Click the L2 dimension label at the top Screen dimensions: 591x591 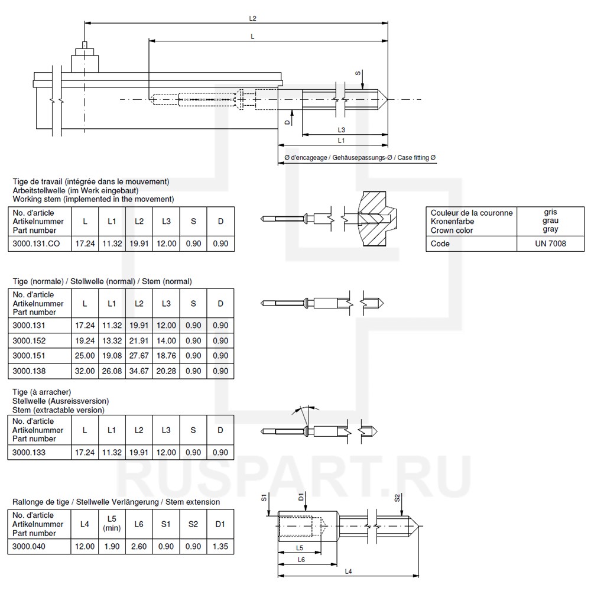pyautogui.click(x=253, y=18)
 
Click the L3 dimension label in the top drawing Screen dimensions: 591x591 pyautogui.click(x=342, y=129)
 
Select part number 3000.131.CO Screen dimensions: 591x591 pyautogui.click(x=36, y=243)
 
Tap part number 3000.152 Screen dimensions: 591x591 pyautogui.click(x=29, y=341)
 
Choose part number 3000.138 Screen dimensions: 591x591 pyautogui.click(x=29, y=371)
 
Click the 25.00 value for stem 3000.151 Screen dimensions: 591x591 pyautogui.click(x=85, y=356)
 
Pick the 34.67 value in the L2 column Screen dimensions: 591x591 pyautogui.click(x=139, y=371)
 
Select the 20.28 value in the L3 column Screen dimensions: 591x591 pyautogui.click(x=166, y=371)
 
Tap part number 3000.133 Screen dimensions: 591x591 pyautogui.click(x=29, y=452)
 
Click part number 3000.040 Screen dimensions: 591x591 pyautogui.click(x=29, y=547)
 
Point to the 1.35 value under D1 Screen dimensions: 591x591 pyautogui.click(x=220, y=547)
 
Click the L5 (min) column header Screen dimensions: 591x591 pyautogui.click(x=112, y=524)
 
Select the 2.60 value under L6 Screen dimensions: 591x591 pyautogui.click(x=139, y=547)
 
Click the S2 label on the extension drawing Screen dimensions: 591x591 pyautogui.click(x=397, y=498)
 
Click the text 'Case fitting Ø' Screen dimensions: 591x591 pyautogui.click(x=417, y=158)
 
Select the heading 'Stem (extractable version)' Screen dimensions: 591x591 pyautogui.click(x=58, y=410)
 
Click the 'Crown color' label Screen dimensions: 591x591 pyautogui.click(x=452, y=230)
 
